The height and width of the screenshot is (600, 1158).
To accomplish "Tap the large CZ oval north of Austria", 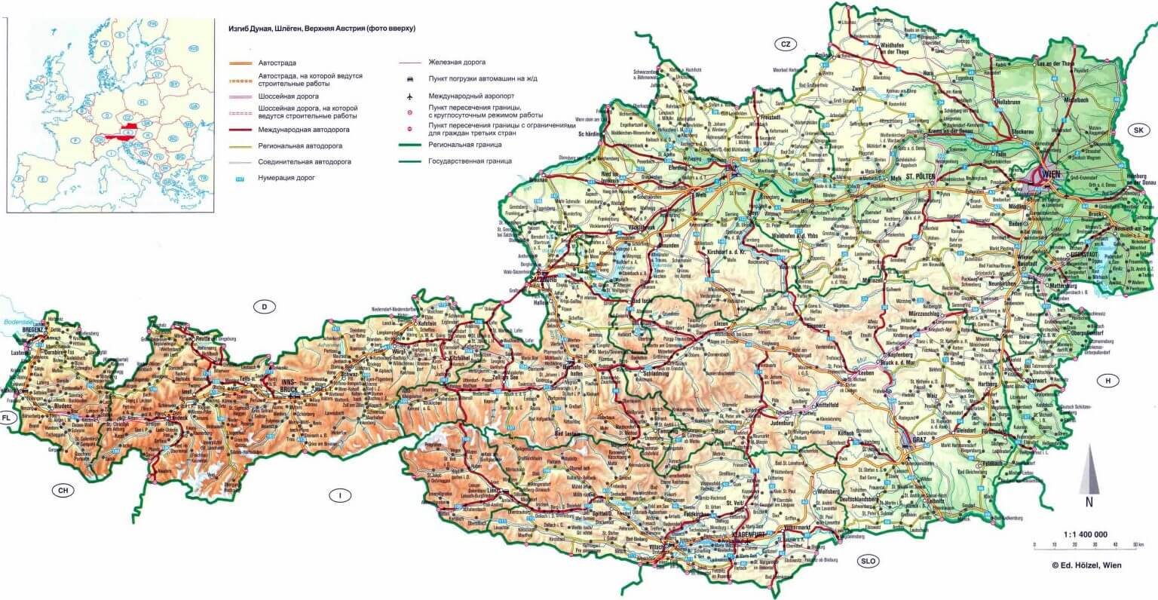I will [785, 44].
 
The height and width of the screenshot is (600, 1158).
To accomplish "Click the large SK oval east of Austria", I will [1138, 130].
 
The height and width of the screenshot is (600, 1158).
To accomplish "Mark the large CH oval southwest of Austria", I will [64, 491].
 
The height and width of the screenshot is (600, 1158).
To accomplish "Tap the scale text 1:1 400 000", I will [1085, 534].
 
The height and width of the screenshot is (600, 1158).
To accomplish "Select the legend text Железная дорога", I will [457, 62].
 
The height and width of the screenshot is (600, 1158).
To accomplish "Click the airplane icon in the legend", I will [409, 96].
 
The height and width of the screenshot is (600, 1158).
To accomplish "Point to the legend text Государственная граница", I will [470, 161].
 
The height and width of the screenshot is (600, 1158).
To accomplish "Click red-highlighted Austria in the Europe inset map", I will [115, 138].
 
